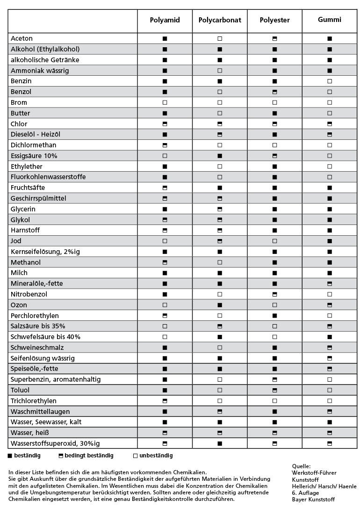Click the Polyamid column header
point(165,20)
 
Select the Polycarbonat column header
point(220,20)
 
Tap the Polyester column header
point(275,20)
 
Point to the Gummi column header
point(330,20)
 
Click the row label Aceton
point(22,38)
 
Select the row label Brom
point(19,102)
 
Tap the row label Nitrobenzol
point(29,294)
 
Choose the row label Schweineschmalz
point(37,348)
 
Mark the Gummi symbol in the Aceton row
point(330,38)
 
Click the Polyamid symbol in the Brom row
point(165,102)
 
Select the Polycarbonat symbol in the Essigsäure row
point(220,156)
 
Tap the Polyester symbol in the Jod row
point(275,241)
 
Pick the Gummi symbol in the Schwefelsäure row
point(330,337)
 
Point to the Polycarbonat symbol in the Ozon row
point(220,305)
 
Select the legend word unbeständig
point(156,456)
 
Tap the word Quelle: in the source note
point(301,466)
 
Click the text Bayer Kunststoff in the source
point(313,500)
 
